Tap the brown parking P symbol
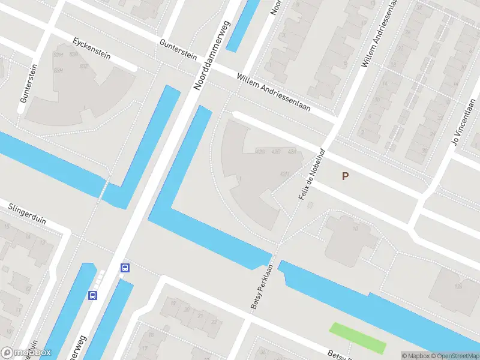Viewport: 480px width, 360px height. [x=345, y=176]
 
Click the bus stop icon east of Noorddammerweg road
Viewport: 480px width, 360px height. [x=125, y=268]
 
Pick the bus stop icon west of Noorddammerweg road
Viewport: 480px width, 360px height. [x=93, y=295]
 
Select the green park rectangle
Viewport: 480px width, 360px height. [x=358, y=338]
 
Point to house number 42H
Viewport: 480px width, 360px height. [x=284, y=175]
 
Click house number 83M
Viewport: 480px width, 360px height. [x=58, y=55]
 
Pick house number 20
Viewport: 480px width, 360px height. [x=187, y=310]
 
